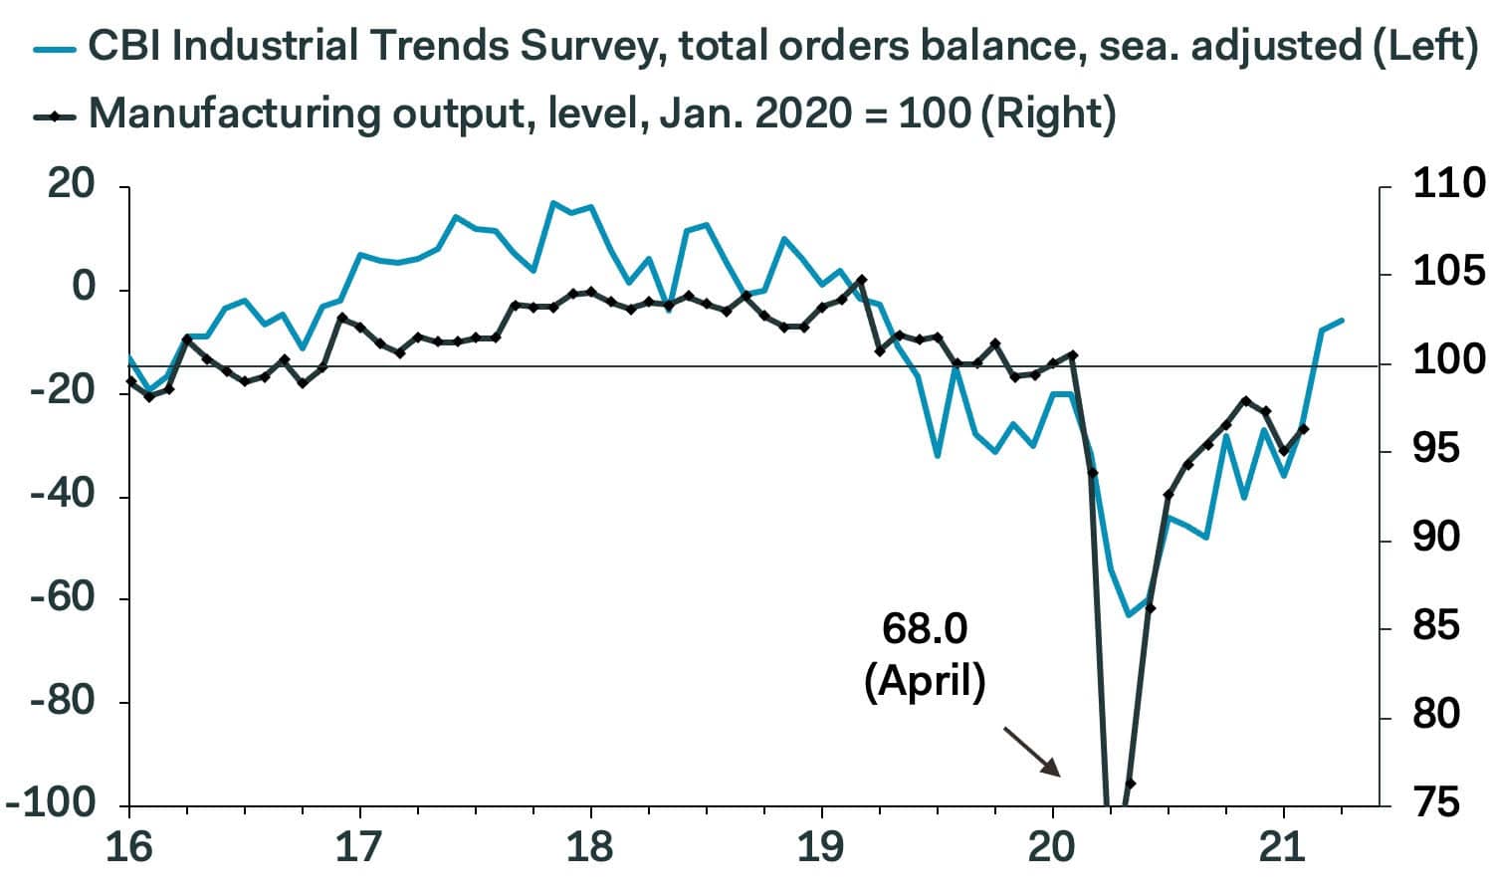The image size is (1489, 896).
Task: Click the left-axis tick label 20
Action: [72, 186]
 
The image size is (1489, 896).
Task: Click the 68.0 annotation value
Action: [925, 629]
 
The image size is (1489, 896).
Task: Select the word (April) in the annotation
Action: [925, 682]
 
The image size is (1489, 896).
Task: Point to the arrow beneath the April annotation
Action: [1031, 751]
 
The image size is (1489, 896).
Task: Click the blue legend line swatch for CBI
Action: [56, 48]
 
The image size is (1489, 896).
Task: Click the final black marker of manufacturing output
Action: [1303, 429]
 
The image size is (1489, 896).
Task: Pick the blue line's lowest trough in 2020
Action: [1128, 615]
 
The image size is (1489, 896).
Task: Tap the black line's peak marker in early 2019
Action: [861, 280]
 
